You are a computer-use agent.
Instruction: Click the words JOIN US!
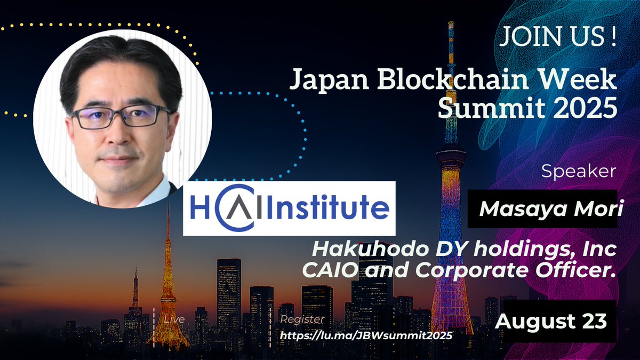click(558, 37)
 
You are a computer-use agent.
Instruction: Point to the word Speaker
click(579, 171)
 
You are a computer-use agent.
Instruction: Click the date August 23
click(551, 321)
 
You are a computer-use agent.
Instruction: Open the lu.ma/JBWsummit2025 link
click(366, 335)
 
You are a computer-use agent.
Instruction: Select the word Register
click(302, 319)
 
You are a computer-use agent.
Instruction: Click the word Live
click(174, 319)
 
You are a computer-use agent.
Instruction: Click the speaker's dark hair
click(120, 63)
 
